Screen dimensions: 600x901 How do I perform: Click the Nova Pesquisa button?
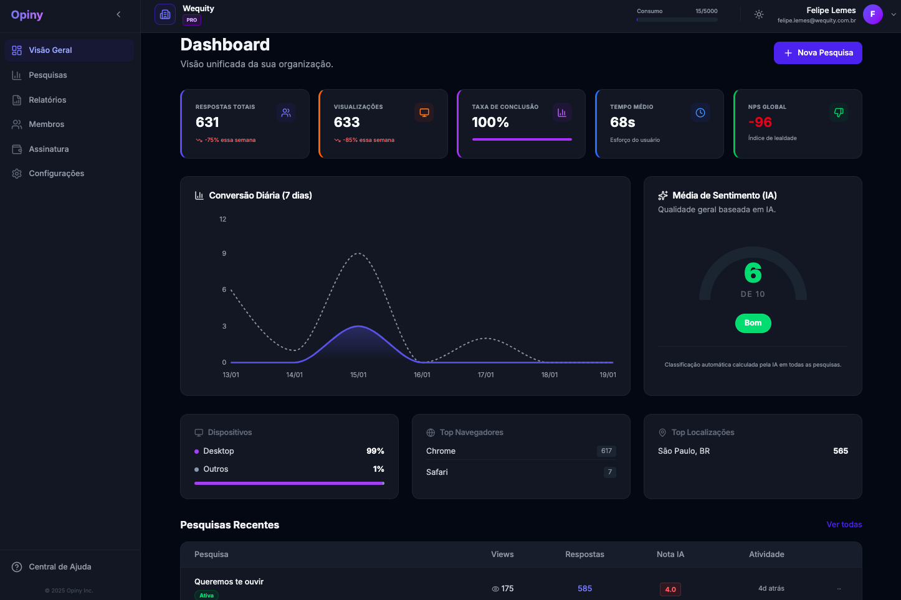tap(818, 53)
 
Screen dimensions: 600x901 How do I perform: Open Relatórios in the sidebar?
tap(47, 100)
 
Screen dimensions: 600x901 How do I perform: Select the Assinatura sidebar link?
tap(49, 149)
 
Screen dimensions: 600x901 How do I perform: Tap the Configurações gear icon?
tap(17, 174)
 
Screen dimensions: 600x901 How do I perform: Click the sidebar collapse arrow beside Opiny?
tap(118, 14)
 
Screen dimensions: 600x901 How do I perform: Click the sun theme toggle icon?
tap(758, 14)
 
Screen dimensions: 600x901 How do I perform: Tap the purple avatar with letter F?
tap(872, 14)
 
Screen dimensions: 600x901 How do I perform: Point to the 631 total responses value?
tap(207, 123)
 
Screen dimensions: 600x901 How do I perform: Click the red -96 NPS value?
tap(760, 123)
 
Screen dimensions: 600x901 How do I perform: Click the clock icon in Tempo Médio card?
tap(700, 113)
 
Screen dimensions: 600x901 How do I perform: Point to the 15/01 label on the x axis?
tap(358, 375)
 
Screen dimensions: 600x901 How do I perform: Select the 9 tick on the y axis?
tap(224, 253)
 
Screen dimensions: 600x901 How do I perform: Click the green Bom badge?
tap(753, 323)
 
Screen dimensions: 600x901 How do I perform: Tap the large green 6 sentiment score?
tap(753, 273)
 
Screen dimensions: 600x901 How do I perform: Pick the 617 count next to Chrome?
tap(606, 451)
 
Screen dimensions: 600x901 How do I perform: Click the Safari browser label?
tap(437, 472)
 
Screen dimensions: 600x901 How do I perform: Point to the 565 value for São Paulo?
tap(840, 451)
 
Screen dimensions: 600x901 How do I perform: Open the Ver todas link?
tap(844, 525)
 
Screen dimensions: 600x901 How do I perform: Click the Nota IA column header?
tap(670, 555)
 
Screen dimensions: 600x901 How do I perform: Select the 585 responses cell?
tap(584, 589)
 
